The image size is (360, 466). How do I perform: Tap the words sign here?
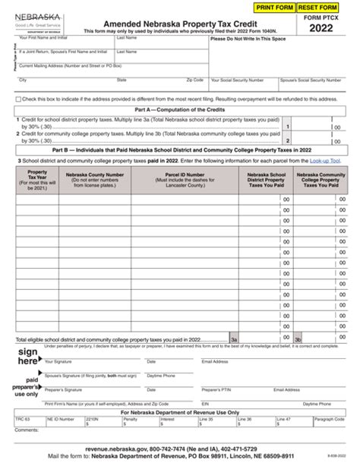(28, 356)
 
